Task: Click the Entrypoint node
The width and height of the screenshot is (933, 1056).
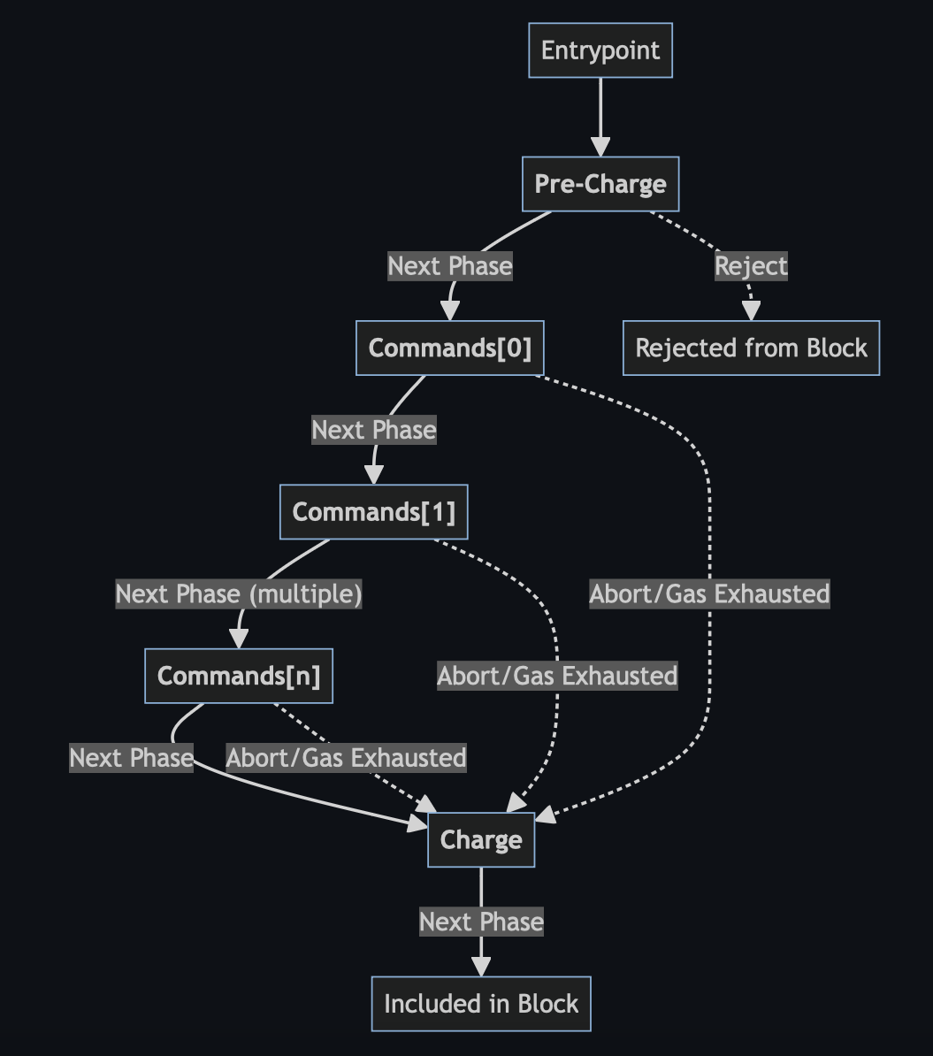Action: tap(600, 50)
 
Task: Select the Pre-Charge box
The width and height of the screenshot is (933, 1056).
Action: tap(600, 184)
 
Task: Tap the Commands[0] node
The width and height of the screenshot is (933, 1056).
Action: tap(450, 348)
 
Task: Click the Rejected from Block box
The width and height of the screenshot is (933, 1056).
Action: tap(751, 348)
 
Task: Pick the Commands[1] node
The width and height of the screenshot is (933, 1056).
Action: tap(373, 512)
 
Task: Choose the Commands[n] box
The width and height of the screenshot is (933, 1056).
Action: tap(239, 676)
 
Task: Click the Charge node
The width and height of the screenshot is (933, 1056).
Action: tap(481, 840)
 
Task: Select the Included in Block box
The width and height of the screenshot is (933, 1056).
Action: tap(481, 1004)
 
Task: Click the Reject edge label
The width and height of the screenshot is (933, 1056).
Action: tap(751, 266)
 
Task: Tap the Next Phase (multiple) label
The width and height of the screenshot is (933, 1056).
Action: tap(239, 594)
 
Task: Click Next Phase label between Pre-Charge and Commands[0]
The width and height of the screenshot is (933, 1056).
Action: tap(450, 266)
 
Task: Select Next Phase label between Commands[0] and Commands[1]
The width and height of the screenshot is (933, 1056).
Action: tap(373, 431)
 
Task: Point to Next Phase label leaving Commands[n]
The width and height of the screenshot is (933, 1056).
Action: tap(131, 758)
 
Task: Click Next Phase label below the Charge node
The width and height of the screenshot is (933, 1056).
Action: tap(481, 922)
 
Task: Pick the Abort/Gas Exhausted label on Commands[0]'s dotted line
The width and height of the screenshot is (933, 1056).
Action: tap(709, 593)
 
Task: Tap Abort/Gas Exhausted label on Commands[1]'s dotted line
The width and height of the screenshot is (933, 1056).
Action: tap(557, 676)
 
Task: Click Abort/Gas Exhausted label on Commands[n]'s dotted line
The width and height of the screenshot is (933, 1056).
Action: tap(346, 758)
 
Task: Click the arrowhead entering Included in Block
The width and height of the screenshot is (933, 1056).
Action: tap(481, 967)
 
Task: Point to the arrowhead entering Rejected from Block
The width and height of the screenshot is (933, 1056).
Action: tap(751, 311)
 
